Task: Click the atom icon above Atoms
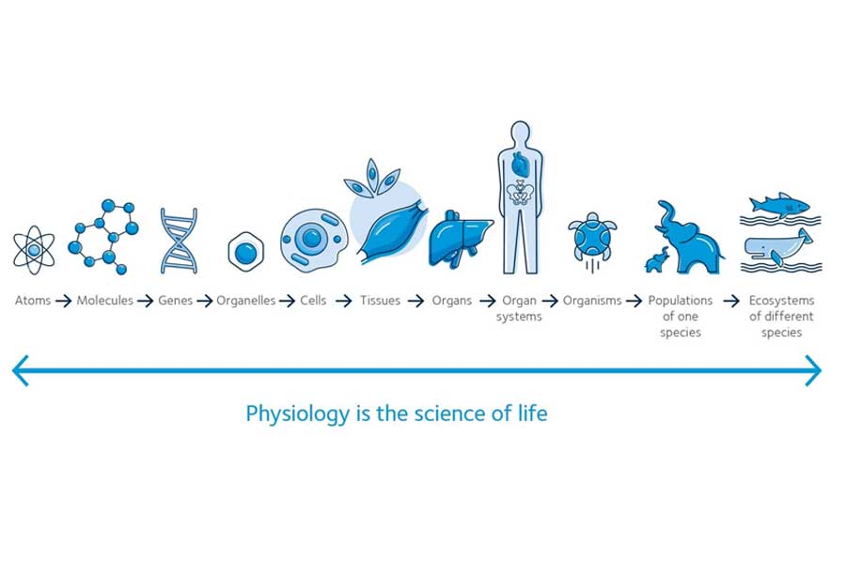[x=34, y=250]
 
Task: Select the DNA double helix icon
[x=180, y=242]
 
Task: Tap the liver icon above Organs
[x=459, y=238]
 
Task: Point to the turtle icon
[x=592, y=238]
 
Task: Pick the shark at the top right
[x=779, y=205]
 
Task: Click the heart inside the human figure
[x=520, y=163]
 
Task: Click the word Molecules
[x=104, y=300]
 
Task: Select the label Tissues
[x=381, y=300]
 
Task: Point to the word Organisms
[x=592, y=300]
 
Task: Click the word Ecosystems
[x=781, y=300]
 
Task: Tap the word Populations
[x=681, y=300]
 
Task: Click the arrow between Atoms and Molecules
[x=64, y=301]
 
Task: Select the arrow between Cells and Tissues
[x=344, y=301]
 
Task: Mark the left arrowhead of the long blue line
[x=20, y=370]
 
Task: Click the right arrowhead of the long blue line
[x=814, y=370]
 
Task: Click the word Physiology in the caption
[x=297, y=415]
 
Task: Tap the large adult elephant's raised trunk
[x=666, y=214]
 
